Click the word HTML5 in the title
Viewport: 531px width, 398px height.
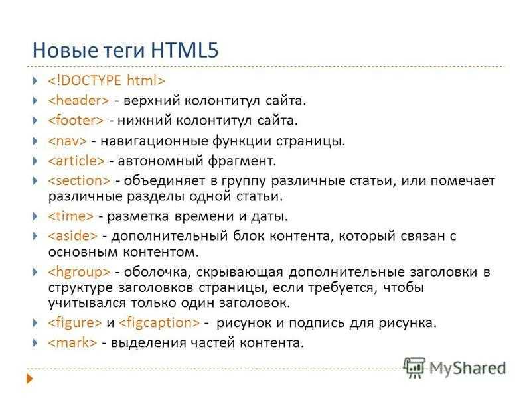(x=185, y=50)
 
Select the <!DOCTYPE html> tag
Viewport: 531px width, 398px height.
(x=106, y=80)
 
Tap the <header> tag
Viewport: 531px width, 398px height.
(x=78, y=101)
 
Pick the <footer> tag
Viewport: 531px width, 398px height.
(x=76, y=121)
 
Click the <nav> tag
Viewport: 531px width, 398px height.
(x=67, y=141)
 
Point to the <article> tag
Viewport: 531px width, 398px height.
(x=76, y=161)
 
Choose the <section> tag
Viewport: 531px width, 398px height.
(x=79, y=180)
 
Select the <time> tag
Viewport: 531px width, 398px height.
(x=70, y=216)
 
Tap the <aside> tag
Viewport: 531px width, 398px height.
(x=72, y=236)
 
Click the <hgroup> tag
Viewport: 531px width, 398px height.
(x=79, y=272)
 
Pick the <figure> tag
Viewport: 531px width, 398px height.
(x=74, y=322)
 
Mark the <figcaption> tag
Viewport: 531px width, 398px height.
(x=159, y=322)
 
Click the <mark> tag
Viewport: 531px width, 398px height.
(x=72, y=342)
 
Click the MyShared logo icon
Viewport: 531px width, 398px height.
(x=414, y=367)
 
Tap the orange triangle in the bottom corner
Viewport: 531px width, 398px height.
(x=30, y=378)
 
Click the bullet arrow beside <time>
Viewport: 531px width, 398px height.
(x=35, y=216)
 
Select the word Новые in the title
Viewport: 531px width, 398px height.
(x=64, y=50)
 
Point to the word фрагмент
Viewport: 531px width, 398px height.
(x=242, y=161)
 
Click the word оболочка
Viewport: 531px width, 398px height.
(x=155, y=273)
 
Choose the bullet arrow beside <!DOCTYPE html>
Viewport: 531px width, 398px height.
(x=35, y=80)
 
